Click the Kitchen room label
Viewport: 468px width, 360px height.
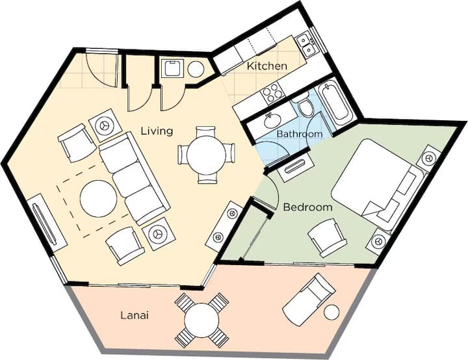(x=267, y=66)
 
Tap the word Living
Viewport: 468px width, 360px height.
(x=157, y=131)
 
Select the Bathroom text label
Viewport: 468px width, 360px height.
(x=300, y=134)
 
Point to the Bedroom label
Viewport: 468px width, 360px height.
(x=307, y=207)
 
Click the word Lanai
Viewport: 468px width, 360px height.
(x=135, y=315)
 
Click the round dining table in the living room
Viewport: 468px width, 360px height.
(x=206, y=155)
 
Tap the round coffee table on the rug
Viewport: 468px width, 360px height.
(x=99, y=198)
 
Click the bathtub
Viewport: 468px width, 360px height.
(x=335, y=104)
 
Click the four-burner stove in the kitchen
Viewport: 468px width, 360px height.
(x=272, y=92)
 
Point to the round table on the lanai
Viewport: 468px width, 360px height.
(x=201, y=320)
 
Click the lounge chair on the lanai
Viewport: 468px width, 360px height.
(x=309, y=298)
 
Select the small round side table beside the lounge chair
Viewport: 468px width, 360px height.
(x=331, y=313)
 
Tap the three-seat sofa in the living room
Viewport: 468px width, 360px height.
(x=134, y=179)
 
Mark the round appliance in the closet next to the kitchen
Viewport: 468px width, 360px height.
(x=196, y=70)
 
